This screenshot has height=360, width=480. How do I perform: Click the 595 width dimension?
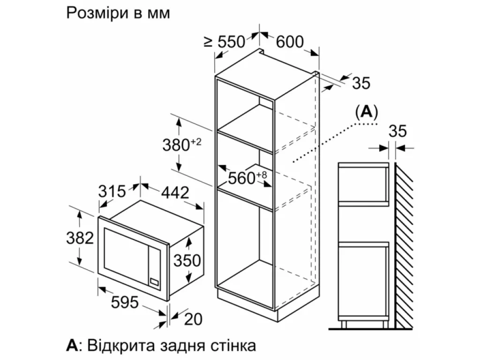coord(125,302)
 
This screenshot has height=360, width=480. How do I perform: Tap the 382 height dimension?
coord(80,238)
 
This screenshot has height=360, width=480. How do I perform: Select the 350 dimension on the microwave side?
coord(187,261)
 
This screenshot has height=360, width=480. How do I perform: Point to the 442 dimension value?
coord(175,193)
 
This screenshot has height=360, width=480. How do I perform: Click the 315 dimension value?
coord(112,191)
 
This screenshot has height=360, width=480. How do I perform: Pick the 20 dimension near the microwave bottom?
coord(194,319)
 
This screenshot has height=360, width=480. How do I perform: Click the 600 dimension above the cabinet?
coord(290,42)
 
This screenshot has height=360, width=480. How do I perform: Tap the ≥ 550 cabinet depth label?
coord(225,42)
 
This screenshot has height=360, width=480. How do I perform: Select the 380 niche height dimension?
coord(181,145)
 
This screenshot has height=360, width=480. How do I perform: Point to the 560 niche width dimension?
coord(247,178)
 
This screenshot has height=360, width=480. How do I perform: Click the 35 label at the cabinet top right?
coord(361,83)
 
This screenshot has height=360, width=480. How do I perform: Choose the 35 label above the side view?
coord(397,131)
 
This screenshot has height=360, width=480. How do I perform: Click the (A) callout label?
coord(367,112)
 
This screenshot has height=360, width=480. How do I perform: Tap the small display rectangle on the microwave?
coord(154,282)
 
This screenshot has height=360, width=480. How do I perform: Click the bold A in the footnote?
coord(72,345)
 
